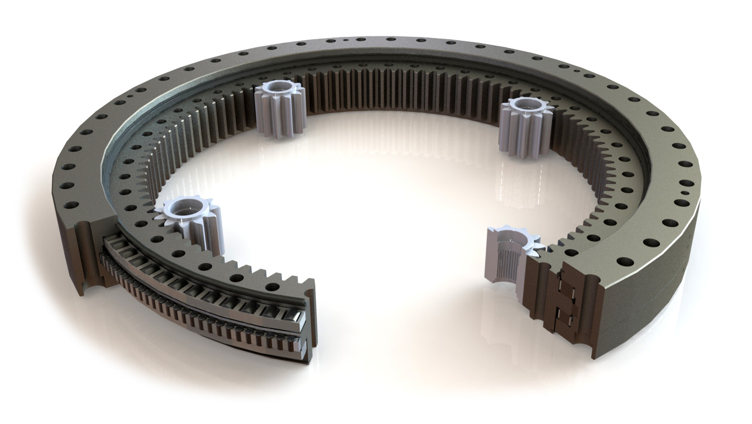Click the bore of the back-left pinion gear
coord(277,89)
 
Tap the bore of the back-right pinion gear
coord(524,104)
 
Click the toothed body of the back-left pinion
coord(277,115)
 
